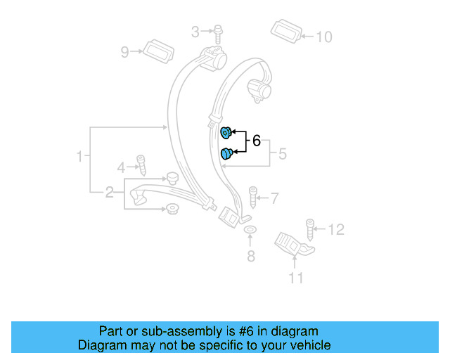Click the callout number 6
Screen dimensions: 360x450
point(256,141)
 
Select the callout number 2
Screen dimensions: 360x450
point(110,192)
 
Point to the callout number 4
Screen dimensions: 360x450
point(121,167)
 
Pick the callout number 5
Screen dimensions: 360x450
point(282,153)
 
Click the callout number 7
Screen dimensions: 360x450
point(275,199)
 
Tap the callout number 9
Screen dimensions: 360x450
point(125,51)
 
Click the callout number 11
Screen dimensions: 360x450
point(296,278)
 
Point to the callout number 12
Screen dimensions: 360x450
point(337,229)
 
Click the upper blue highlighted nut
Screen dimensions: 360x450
point(226,132)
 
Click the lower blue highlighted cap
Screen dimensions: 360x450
point(227,154)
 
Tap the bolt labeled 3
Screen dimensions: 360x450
point(217,31)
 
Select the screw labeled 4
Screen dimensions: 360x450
point(141,165)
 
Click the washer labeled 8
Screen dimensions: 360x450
point(250,231)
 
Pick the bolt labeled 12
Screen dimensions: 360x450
point(310,229)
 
